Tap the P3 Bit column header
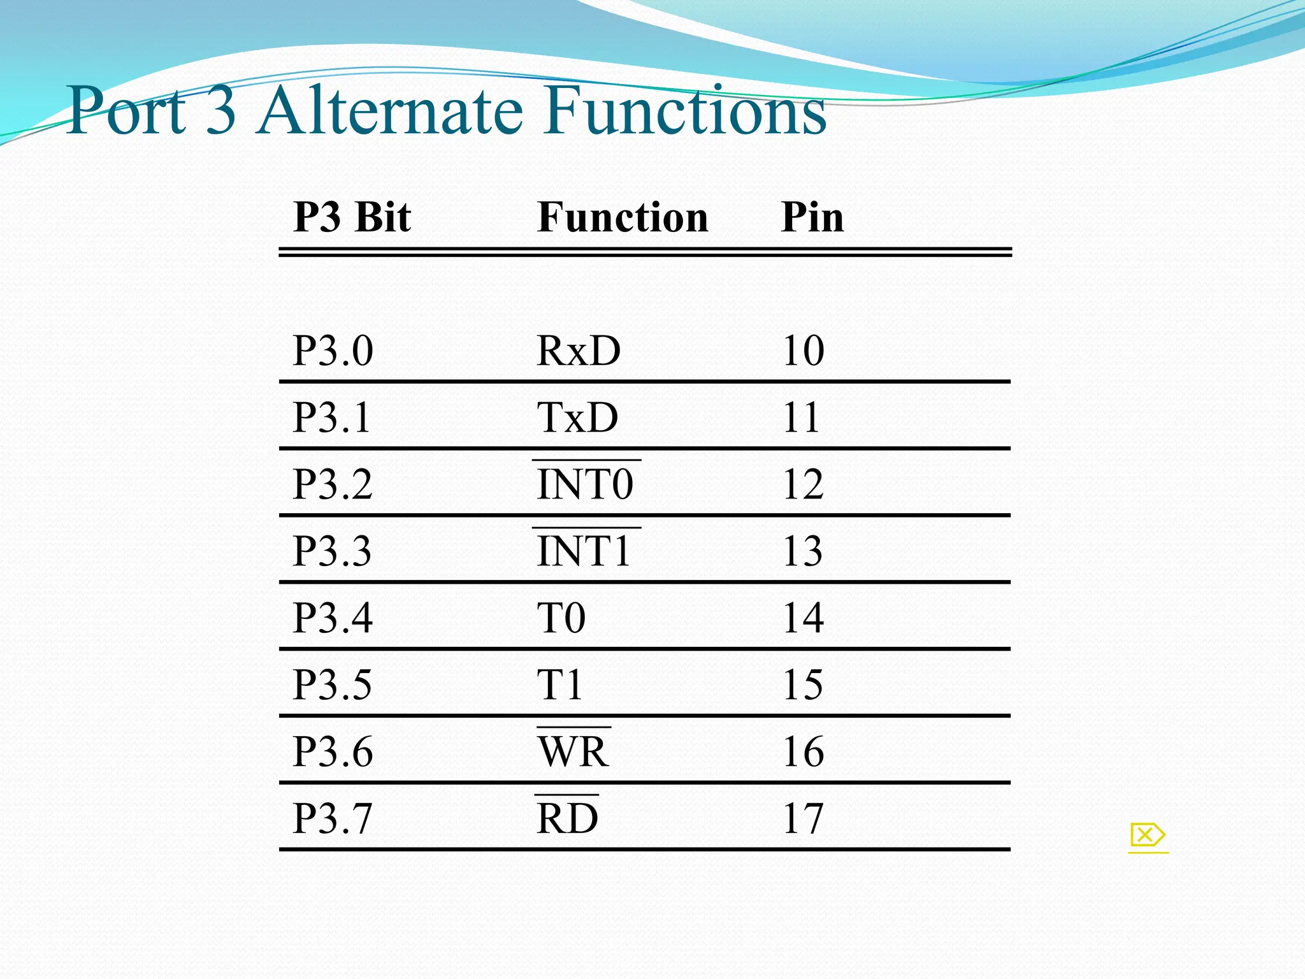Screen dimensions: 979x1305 tap(352, 217)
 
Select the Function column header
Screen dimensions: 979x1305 tap(623, 217)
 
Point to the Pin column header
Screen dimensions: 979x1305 tap(812, 217)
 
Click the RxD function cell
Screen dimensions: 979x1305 tap(579, 351)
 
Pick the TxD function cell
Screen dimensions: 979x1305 tap(577, 417)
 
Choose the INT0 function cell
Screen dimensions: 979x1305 tap(585, 484)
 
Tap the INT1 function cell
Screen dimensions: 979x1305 tap(584, 551)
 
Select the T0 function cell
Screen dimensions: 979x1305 tap(561, 618)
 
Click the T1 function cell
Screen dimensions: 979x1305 tap(559, 685)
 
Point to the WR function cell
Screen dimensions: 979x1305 tap(573, 751)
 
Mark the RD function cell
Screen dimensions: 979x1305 tap(567, 818)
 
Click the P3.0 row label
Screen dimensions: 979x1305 tap(333, 351)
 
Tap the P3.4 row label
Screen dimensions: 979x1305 tap(333, 618)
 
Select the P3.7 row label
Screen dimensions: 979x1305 tap(333, 818)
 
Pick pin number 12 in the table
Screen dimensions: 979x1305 tap(803, 484)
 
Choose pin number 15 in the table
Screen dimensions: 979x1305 tap(803, 685)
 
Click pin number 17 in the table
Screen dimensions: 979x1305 tap(803, 818)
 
